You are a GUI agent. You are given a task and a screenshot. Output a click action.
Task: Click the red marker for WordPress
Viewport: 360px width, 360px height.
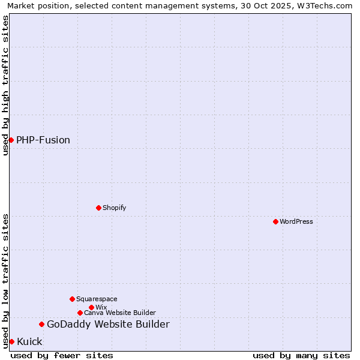(x=275, y=221)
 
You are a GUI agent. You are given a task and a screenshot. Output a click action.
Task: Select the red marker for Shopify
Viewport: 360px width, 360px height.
(x=98, y=208)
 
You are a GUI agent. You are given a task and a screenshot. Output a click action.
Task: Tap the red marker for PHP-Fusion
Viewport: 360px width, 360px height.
(x=11, y=140)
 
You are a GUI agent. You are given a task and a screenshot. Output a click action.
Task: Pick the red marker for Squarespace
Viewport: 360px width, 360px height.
(x=72, y=299)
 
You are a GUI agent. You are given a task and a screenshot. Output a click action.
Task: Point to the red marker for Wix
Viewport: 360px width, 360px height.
(x=91, y=307)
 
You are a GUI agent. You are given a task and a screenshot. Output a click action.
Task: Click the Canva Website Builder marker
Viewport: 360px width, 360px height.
(x=80, y=313)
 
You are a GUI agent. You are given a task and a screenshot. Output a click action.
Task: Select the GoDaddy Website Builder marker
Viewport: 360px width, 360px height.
(x=41, y=324)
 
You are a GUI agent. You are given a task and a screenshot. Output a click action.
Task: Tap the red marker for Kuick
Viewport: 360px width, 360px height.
(x=11, y=341)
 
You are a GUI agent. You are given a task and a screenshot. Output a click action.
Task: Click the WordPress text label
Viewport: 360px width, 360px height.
(x=296, y=221)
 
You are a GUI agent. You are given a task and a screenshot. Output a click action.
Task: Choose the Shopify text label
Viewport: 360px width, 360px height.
(x=114, y=208)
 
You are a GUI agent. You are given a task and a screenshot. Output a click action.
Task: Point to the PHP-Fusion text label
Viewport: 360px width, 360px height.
(x=43, y=140)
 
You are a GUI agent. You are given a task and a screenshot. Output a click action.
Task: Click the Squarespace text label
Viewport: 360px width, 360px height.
(x=97, y=299)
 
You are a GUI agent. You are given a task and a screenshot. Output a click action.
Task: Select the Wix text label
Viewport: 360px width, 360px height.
(x=101, y=307)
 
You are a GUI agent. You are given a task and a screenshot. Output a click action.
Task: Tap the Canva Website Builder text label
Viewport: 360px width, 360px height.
(x=120, y=313)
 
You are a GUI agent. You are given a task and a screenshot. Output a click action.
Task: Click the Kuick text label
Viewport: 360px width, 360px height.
(x=29, y=341)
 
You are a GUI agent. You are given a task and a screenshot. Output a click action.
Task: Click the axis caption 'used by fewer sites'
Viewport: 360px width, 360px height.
(x=62, y=355)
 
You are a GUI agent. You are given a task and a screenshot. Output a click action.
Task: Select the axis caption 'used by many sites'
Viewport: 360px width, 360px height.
(x=301, y=355)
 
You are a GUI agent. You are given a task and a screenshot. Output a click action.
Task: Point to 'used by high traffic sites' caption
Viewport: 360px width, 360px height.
(x=5, y=85)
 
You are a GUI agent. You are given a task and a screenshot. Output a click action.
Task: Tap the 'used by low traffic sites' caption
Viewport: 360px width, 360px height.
(x=5, y=280)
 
